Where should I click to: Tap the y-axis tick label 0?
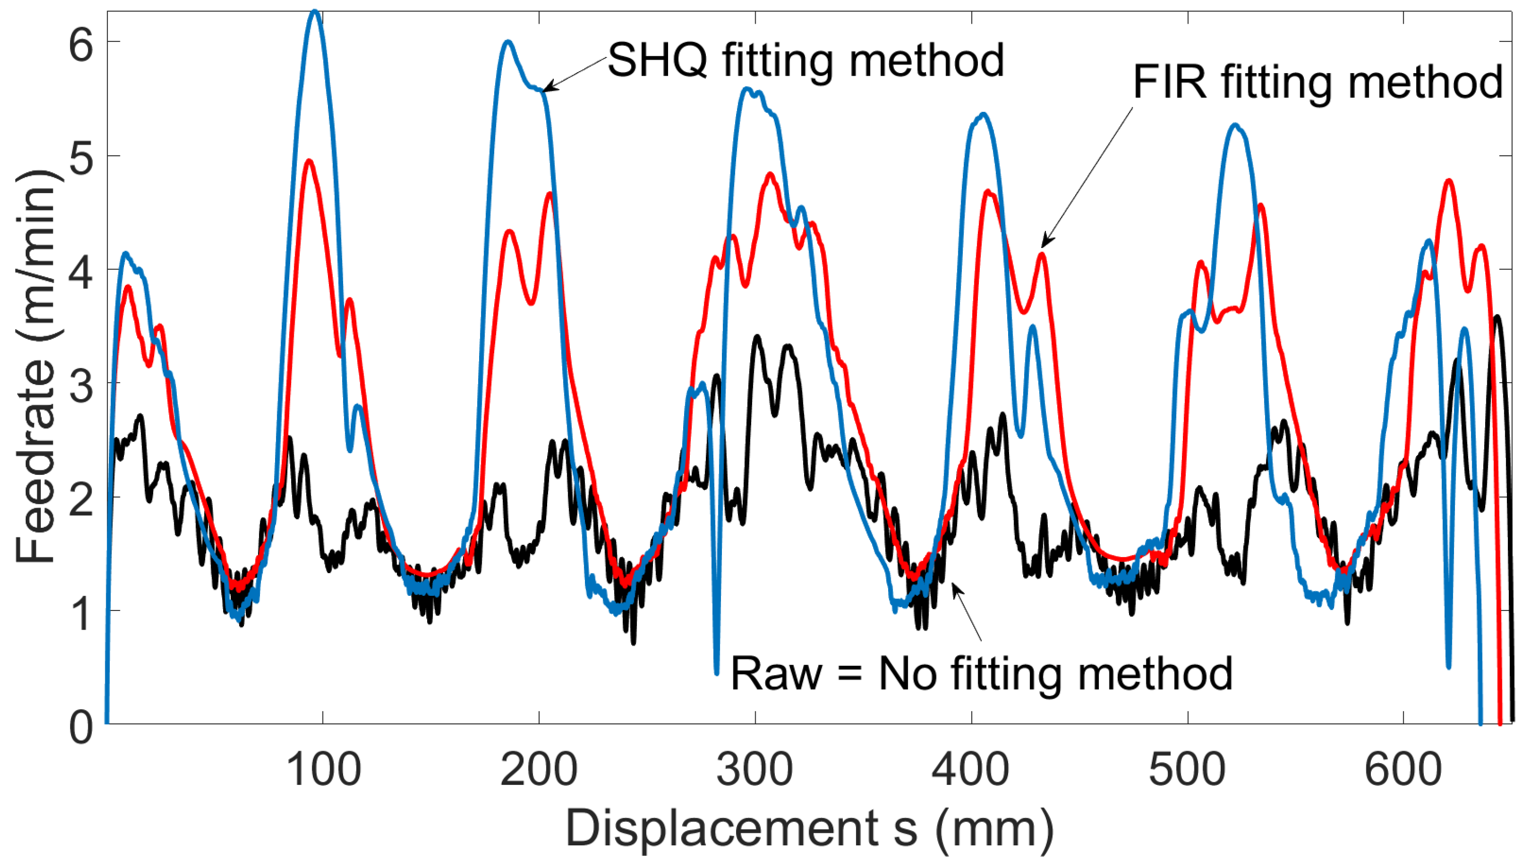(x=81, y=727)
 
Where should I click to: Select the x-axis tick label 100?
(x=323, y=769)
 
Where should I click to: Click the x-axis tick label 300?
(x=755, y=769)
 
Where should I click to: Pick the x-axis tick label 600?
(x=1403, y=769)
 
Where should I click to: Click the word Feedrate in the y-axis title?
(x=36, y=459)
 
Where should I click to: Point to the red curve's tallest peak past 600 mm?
(x=1448, y=180)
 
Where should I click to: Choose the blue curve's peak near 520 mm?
(x=1235, y=126)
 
